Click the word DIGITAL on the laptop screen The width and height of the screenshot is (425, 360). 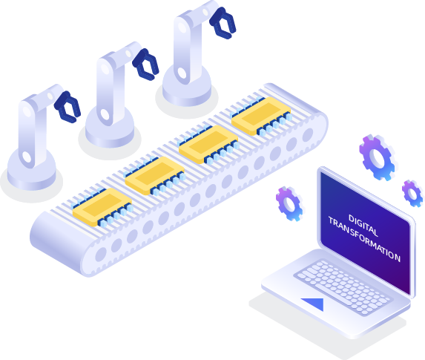[363, 226]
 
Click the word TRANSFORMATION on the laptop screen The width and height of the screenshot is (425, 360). [364, 239]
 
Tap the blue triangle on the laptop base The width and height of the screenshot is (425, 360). [314, 304]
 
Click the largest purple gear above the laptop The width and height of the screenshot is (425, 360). [377, 157]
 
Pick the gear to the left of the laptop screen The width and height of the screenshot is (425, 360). [289, 203]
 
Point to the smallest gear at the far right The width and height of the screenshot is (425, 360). [412, 194]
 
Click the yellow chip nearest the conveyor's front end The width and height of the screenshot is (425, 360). [102, 208]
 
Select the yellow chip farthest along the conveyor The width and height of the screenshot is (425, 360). [261, 116]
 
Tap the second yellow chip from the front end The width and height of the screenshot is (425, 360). [155, 176]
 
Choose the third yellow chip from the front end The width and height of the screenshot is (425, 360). [208, 145]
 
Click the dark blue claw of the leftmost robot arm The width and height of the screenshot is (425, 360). [67, 107]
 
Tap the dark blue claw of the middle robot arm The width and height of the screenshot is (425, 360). [145, 65]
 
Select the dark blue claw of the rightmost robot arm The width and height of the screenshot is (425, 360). [223, 23]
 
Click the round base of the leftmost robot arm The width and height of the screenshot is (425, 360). [32, 171]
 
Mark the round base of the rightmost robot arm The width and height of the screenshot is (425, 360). [187, 86]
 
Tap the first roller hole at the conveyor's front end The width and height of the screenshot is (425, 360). [101, 254]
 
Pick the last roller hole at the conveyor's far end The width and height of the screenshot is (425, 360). [308, 135]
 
